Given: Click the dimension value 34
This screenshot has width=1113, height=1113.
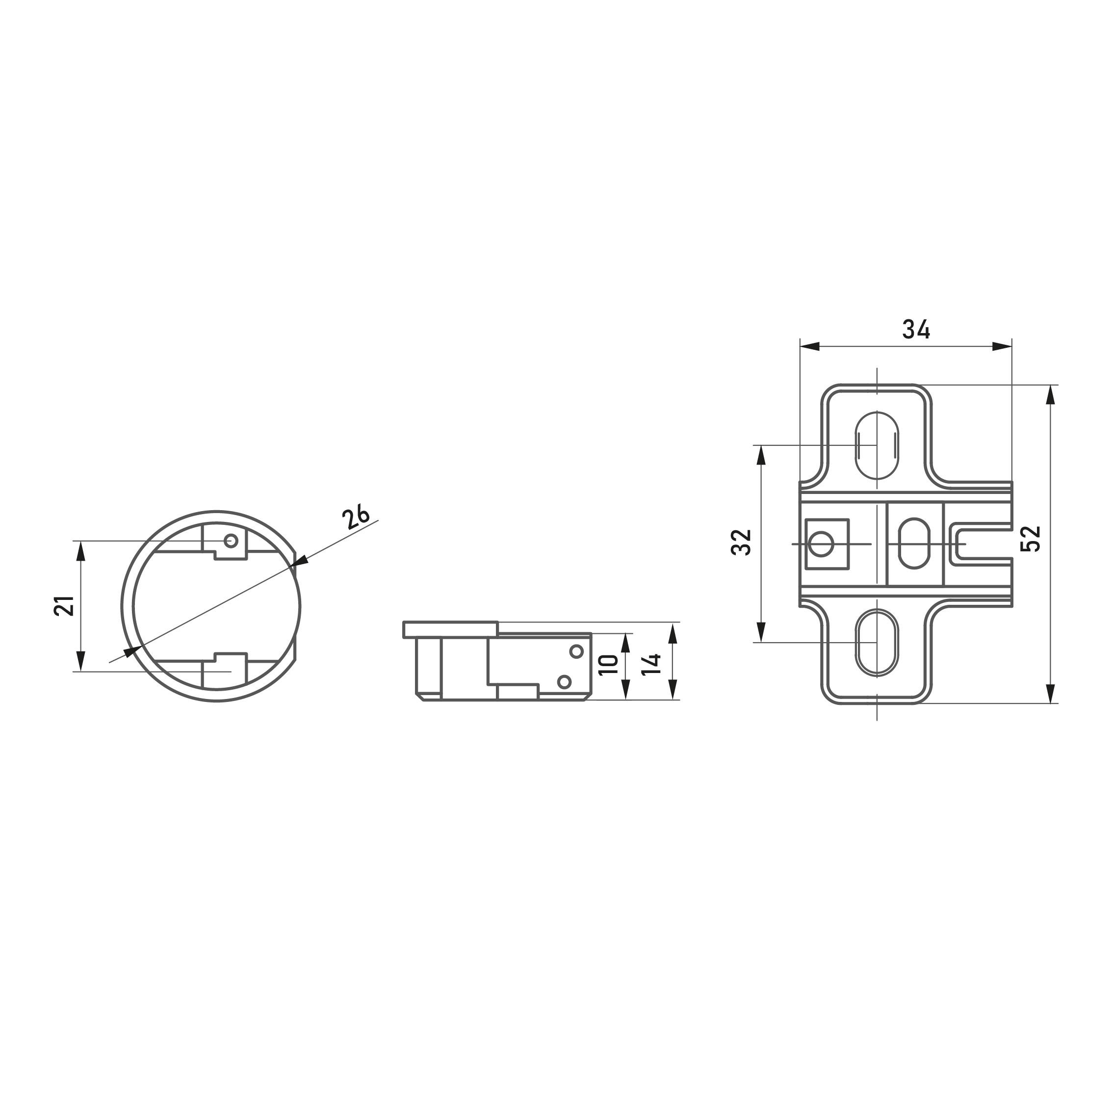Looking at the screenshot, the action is point(915,329).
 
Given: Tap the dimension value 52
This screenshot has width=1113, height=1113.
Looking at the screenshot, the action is point(1031,539).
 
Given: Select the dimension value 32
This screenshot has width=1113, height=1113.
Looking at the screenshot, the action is point(741,542).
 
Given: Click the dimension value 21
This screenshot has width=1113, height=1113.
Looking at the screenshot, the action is point(65,606).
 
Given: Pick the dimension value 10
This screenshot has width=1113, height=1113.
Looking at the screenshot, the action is point(608,664).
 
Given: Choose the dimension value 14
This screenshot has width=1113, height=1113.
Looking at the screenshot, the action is point(651,664).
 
